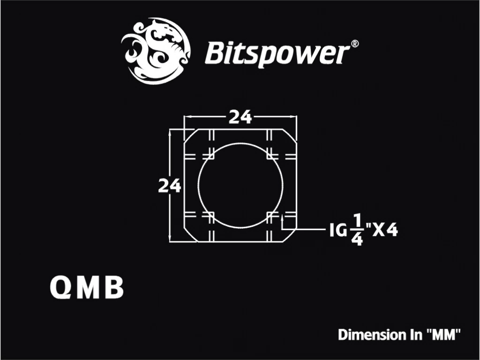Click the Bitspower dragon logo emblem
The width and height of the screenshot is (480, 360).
coord(156,51)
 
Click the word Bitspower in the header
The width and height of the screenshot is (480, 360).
coord(277,54)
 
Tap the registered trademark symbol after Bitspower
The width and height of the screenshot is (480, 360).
coord(354,44)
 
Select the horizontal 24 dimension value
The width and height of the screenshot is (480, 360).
coord(240,117)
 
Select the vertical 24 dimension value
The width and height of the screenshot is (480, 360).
coord(169,186)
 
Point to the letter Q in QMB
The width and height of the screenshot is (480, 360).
coord(60,288)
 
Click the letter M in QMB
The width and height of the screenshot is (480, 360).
coord(88,288)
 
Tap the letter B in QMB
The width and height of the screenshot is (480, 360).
coord(114,288)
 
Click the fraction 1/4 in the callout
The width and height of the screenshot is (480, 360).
coord(357,230)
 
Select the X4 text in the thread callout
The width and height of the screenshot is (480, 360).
coord(385,230)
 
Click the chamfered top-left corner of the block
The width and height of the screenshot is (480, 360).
coord(190,136)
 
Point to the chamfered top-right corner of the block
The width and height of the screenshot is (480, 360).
coord(290,136)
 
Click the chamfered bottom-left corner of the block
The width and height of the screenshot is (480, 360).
coord(190,235)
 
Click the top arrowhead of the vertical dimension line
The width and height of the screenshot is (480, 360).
coord(170,133)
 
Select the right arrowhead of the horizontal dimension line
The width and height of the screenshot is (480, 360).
coord(293,117)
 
